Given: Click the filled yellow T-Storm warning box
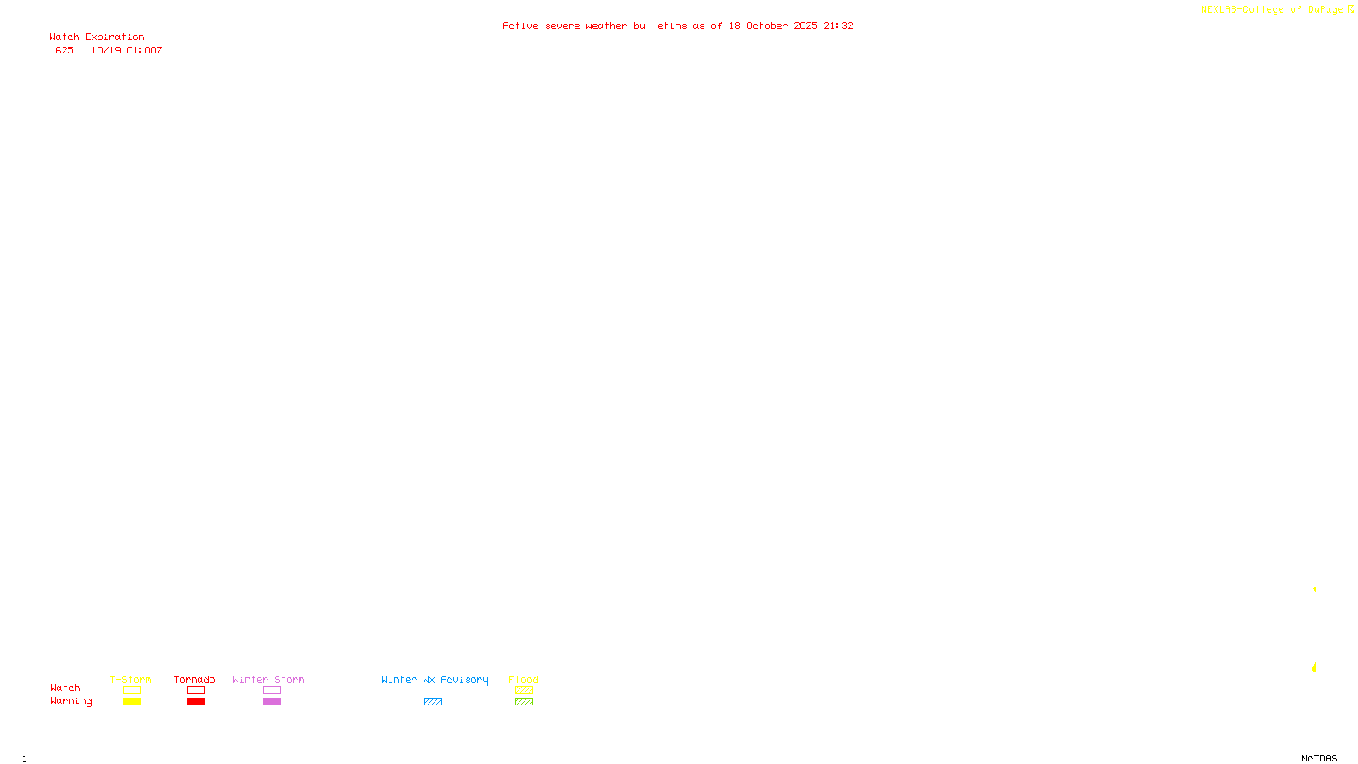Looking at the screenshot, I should point(132,702).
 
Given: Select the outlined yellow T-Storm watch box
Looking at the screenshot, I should point(132,690).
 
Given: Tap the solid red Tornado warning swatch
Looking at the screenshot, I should point(195,702).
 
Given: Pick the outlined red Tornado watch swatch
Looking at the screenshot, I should point(195,690).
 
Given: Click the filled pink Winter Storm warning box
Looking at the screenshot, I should point(272,702).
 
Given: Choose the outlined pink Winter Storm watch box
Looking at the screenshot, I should point(272,690).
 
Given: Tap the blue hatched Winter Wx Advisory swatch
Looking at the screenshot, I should point(433,702).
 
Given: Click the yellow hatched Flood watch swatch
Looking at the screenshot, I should point(524,690).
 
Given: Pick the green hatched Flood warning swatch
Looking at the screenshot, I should point(524,702).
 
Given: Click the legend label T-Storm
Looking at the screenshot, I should point(131,679).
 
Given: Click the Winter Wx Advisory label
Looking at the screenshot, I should point(435,679).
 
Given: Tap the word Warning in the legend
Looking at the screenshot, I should point(70,701).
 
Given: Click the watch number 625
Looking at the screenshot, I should point(65,50).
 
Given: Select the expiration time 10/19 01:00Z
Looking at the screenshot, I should point(126,50).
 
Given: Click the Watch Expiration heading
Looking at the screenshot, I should point(97,37).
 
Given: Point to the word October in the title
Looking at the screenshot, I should point(766,25).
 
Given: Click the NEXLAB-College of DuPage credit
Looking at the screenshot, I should point(1271,10).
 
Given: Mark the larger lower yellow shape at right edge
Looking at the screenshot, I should point(1314,668).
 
